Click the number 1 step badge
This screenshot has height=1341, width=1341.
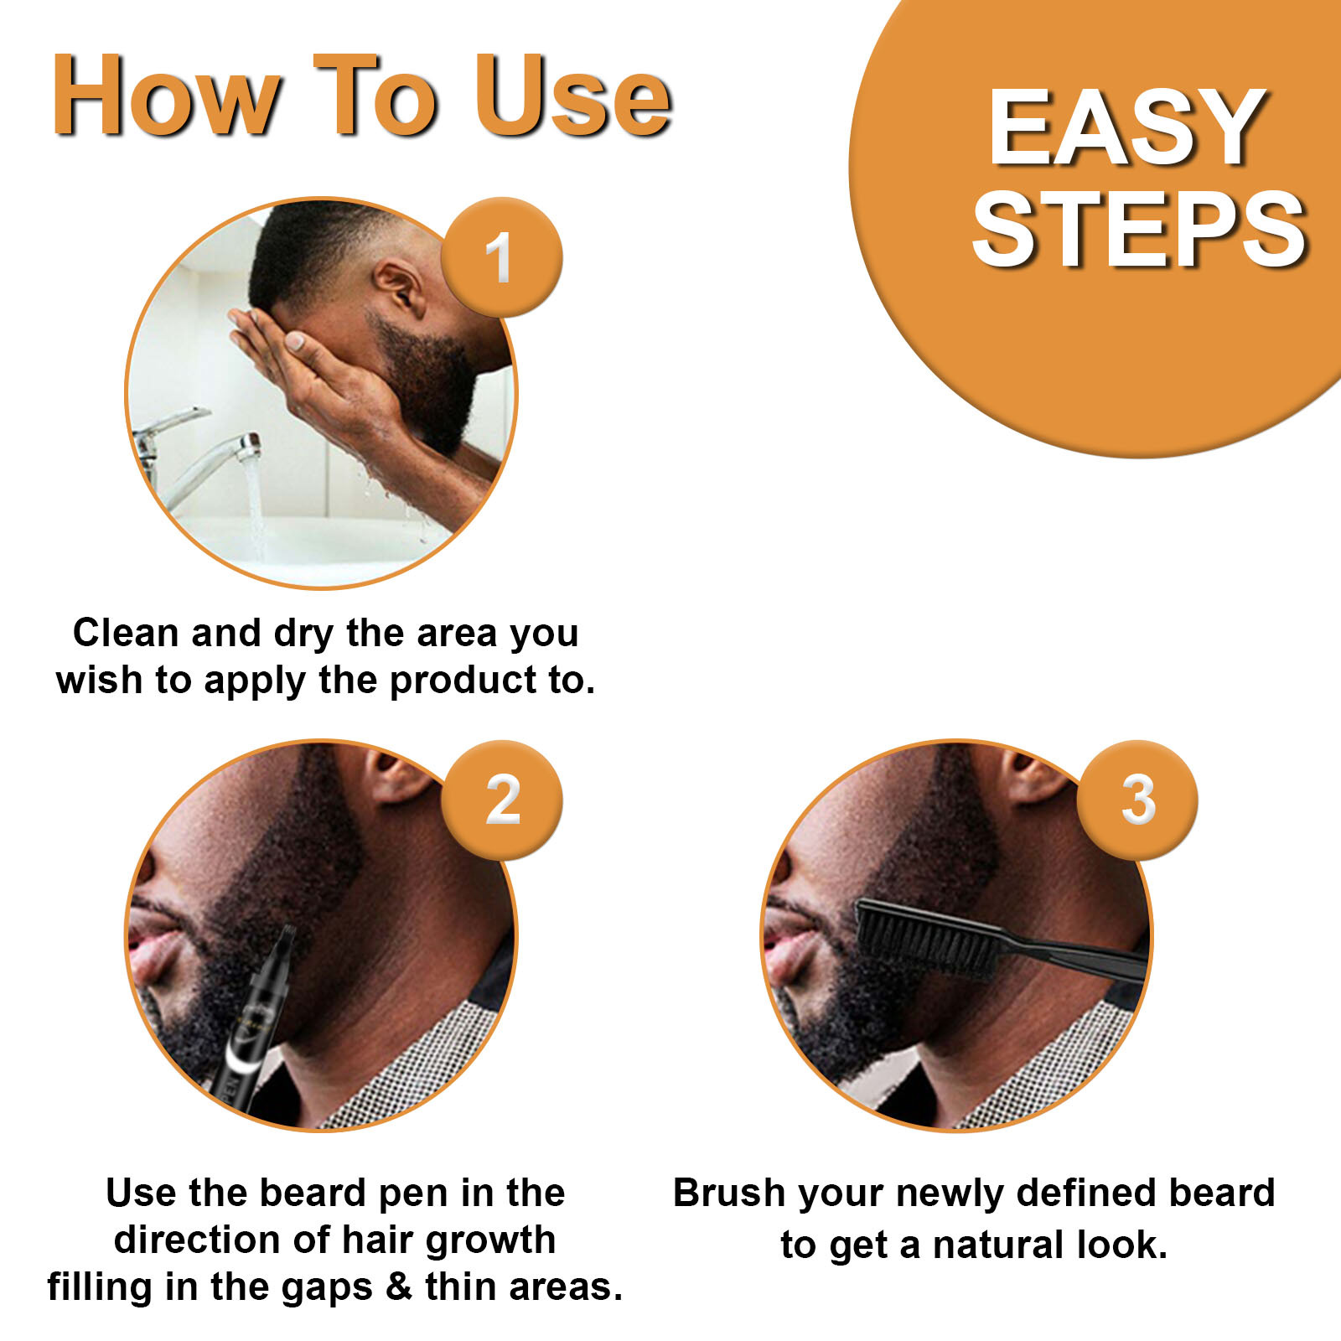(x=502, y=257)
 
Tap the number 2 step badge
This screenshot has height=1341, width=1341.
(x=502, y=800)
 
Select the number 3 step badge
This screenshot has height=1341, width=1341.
(x=1137, y=800)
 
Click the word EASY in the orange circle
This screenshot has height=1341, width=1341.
(x=1127, y=128)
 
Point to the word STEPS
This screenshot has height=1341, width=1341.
(x=1140, y=228)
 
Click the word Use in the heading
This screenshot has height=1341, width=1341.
(x=573, y=96)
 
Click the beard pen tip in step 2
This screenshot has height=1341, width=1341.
(x=286, y=932)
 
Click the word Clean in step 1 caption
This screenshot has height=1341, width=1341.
(x=126, y=633)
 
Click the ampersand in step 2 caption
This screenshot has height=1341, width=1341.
(x=399, y=1287)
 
